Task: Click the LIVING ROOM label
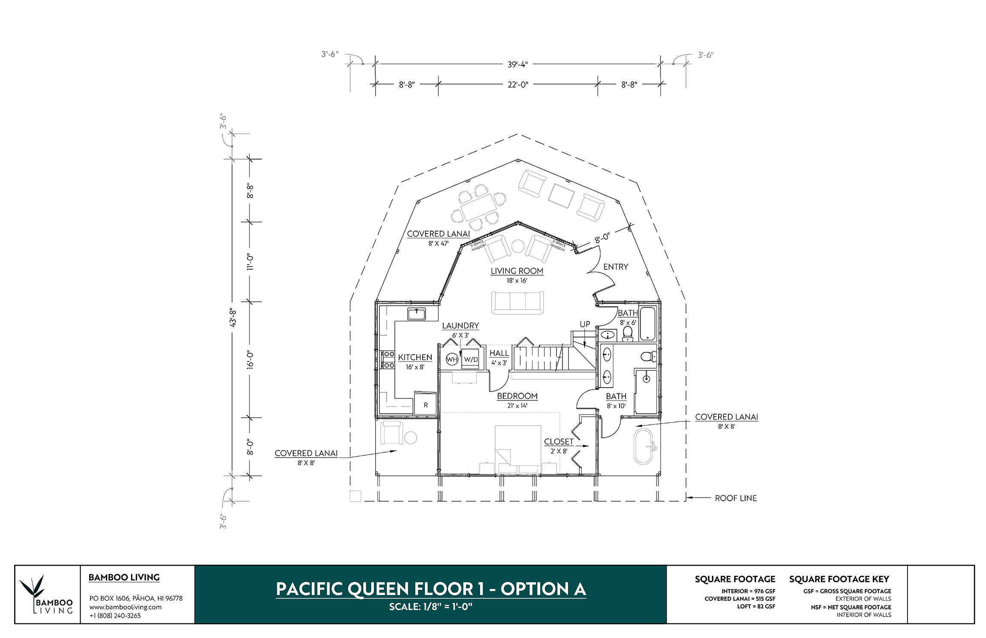517,271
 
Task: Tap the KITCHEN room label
415,357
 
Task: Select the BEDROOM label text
517,396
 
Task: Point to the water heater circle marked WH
452,359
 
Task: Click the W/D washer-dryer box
470,359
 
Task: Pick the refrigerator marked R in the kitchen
425,403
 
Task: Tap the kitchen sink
416,314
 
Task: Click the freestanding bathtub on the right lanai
643,446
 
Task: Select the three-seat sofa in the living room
517,303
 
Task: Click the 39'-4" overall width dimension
517,65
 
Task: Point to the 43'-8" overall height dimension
233,317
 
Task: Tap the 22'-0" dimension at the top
518,85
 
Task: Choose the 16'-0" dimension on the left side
250,359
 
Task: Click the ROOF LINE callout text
736,498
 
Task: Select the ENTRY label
616,267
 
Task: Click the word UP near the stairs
585,324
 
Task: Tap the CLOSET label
559,442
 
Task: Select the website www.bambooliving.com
125,607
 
